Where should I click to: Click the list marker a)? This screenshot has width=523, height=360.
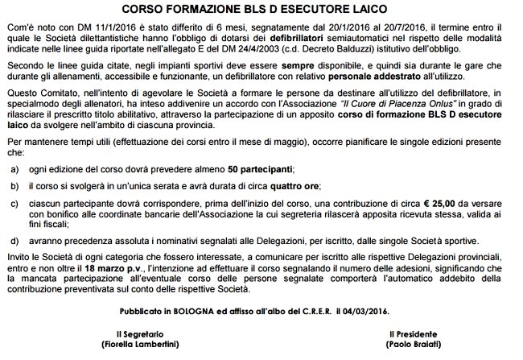tap(13, 171)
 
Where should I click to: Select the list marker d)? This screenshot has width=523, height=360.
tap(13, 239)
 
